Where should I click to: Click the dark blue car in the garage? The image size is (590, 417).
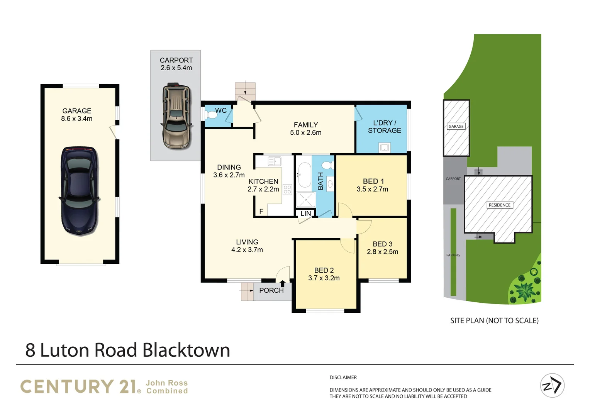pyautogui.click(x=79, y=191)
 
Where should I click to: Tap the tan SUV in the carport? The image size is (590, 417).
pyautogui.click(x=176, y=116)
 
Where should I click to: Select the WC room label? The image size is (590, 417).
pyautogui.click(x=221, y=110)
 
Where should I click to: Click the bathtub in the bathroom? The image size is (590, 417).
pyautogui.click(x=305, y=175)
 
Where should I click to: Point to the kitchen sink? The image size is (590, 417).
pyautogui.click(x=275, y=161)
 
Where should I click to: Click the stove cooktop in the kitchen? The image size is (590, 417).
pyautogui.click(x=287, y=189)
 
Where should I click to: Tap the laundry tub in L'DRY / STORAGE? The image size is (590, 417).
pyautogui.click(x=384, y=147)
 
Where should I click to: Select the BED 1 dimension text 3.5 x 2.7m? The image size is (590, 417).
pyautogui.click(x=372, y=189)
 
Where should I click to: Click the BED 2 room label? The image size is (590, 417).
pyautogui.click(x=324, y=270)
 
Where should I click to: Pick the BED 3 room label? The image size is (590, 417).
pyautogui.click(x=382, y=244)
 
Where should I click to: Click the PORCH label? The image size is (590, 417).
pyautogui.click(x=271, y=290)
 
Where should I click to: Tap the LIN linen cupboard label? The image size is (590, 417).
pyautogui.click(x=305, y=214)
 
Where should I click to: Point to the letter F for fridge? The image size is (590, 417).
pyautogui.click(x=261, y=211)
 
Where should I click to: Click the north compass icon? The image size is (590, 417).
pyautogui.click(x=552, y=385)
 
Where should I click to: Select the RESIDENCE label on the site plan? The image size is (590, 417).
pyautogui.click(x=499, y=205)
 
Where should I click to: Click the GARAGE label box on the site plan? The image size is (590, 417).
pyautogui.click(x=456, y=126)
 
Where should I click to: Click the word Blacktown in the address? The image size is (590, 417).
pyautogui.click(x=186, y=350)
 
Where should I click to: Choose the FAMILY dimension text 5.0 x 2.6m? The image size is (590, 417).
pyautogui.click(x=305, y=132)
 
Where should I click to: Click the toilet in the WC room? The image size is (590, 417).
pyautogui.click(x=212, y=115)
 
